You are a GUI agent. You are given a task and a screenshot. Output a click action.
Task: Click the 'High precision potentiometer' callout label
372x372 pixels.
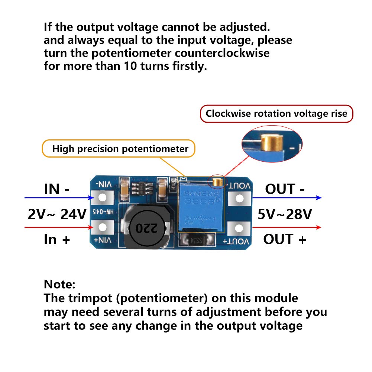120,149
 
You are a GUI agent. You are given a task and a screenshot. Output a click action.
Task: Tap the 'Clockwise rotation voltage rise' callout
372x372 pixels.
276,113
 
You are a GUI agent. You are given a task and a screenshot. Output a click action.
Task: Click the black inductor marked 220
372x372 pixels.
146,227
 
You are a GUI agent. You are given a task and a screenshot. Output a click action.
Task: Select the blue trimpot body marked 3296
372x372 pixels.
201,206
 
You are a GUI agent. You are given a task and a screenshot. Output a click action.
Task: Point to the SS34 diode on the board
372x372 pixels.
197,240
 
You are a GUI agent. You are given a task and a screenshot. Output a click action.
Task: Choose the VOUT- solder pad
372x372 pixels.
239,198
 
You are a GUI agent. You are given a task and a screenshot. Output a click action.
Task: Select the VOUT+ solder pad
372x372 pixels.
239,227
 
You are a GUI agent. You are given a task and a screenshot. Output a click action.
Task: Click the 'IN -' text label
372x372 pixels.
56,189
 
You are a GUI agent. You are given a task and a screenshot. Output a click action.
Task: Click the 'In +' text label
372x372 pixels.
56,239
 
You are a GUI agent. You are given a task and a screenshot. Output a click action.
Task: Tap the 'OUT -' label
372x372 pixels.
285,189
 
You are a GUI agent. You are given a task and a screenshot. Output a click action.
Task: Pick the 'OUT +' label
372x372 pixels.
285,239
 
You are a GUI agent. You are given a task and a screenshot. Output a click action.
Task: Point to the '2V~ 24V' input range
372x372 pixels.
56,214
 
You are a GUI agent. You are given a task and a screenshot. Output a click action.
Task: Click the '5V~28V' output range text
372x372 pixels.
285,214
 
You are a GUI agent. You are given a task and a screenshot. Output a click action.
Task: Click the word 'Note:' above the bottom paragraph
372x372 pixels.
59,285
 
